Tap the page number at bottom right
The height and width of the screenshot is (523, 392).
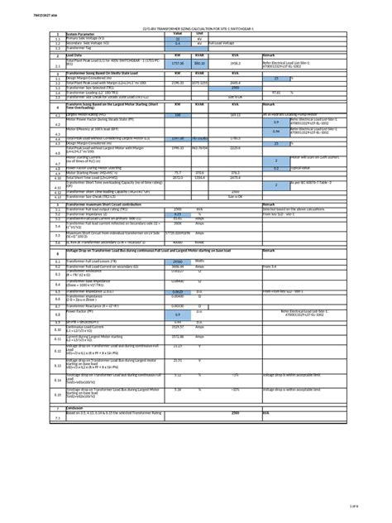tap(375, 505)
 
